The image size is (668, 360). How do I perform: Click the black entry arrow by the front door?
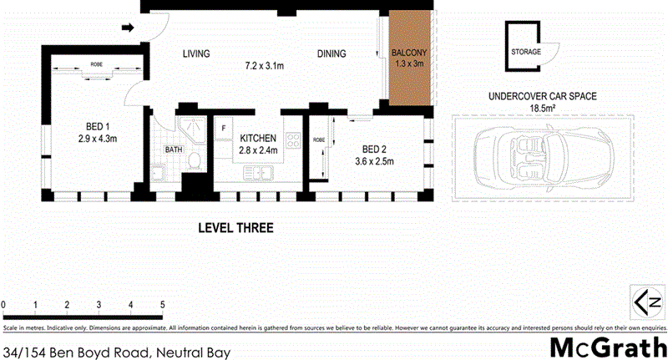(x=127, y=28)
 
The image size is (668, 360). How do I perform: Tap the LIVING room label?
(x=196, y=54)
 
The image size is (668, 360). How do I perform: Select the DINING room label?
(x=331, y=54)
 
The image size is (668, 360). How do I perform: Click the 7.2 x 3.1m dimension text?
(x=265, y=64)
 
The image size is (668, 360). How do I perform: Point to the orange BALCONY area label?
(x=409, y=54)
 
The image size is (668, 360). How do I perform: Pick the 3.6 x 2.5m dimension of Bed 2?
(x=373, y=161)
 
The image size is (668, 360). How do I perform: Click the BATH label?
(x=174, y=150)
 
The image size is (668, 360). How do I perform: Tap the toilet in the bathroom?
(x=194, y=160)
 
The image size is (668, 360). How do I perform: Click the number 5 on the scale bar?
(x=162, y=304)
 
